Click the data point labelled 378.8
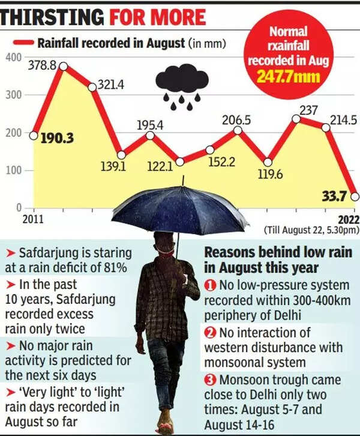62,67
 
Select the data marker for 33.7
355,196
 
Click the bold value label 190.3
57,138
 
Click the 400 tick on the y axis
14,57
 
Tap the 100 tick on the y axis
14,171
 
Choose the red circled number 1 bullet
211,284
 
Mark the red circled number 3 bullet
210,380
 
